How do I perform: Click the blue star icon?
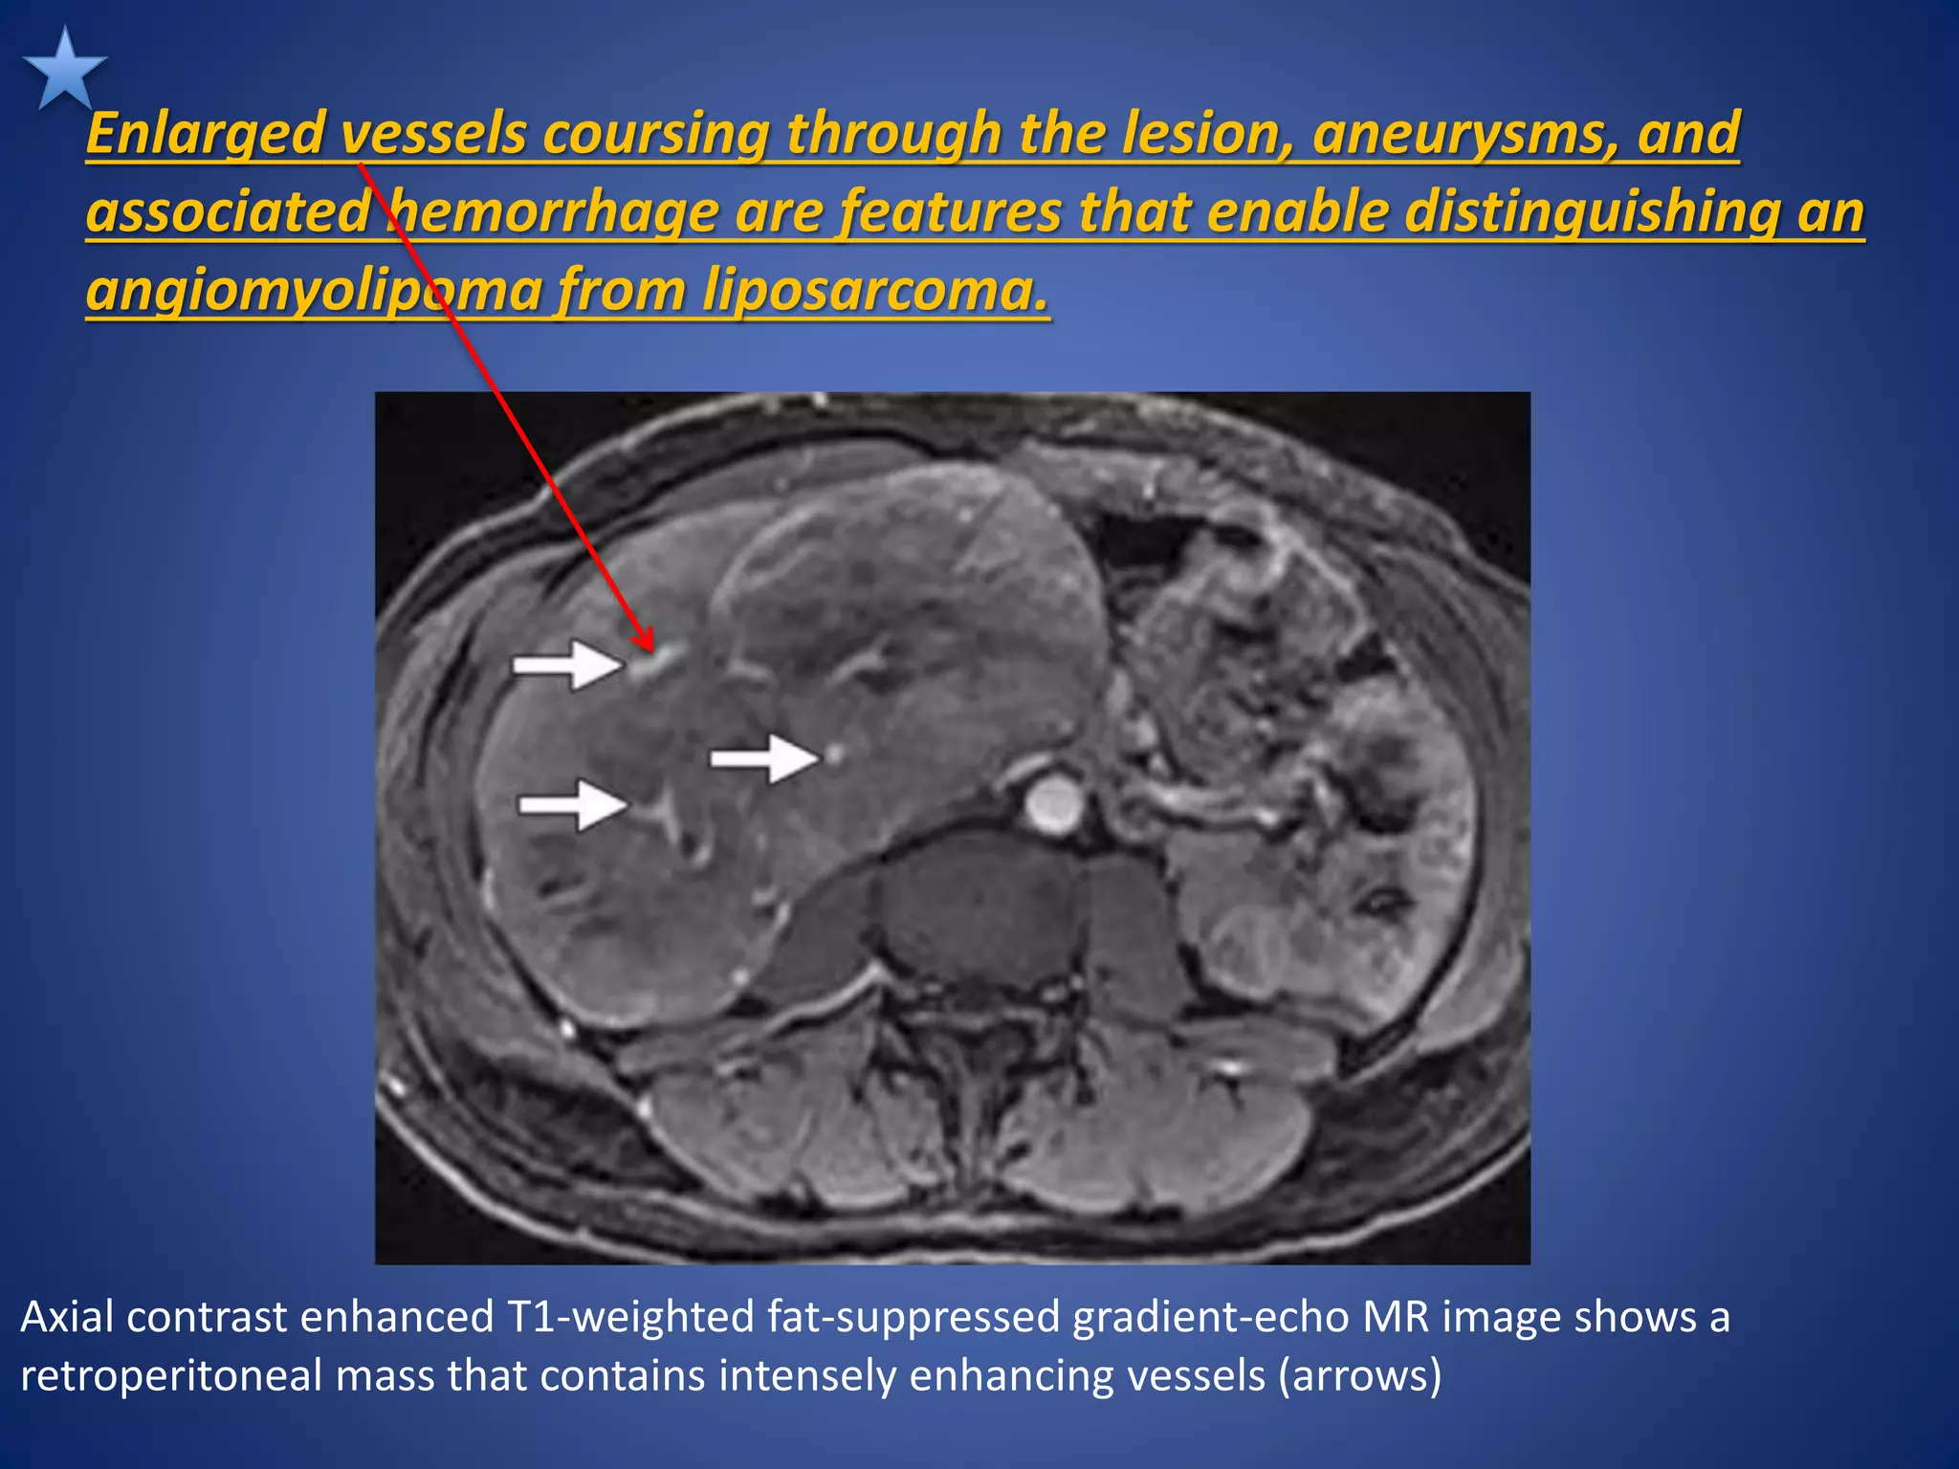[x=64, y=70]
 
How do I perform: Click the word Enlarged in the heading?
[x=206, y=133]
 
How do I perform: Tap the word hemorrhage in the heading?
[x=554, y=212]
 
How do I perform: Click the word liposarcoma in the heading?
[x=875, y=291]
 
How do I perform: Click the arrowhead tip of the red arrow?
[x=651, y=648]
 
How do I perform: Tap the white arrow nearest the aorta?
[x=765, y=758]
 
